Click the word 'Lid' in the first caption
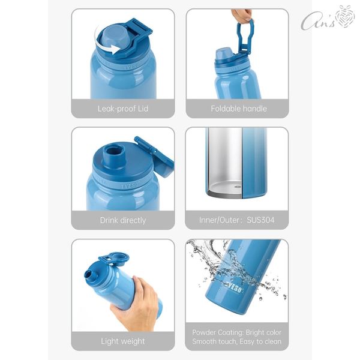(143, 109)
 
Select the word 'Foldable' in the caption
(225, 109)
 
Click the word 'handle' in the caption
(254, 109)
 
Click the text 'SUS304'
(260, 220)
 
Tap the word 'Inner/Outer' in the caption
(220, 220)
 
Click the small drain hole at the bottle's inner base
(238, 187)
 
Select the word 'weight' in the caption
(133, 341)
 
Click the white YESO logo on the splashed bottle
(233, 287)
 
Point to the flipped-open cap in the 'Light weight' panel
(114, 259)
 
